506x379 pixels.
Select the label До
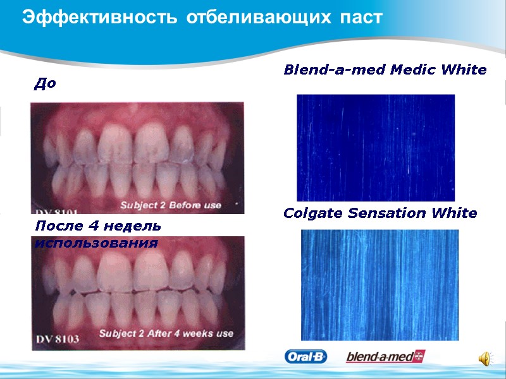point(45,83)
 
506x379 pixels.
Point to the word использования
point(96,242)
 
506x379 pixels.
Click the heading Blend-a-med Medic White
point(385,69)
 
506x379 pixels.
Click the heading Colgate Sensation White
point(380,213)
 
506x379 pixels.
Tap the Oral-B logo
point(305,357)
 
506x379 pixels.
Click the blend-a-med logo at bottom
point(385,357)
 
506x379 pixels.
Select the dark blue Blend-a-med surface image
point(376,148)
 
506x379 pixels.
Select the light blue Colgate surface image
point(379,285)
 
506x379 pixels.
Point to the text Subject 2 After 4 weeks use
point(166,334)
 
